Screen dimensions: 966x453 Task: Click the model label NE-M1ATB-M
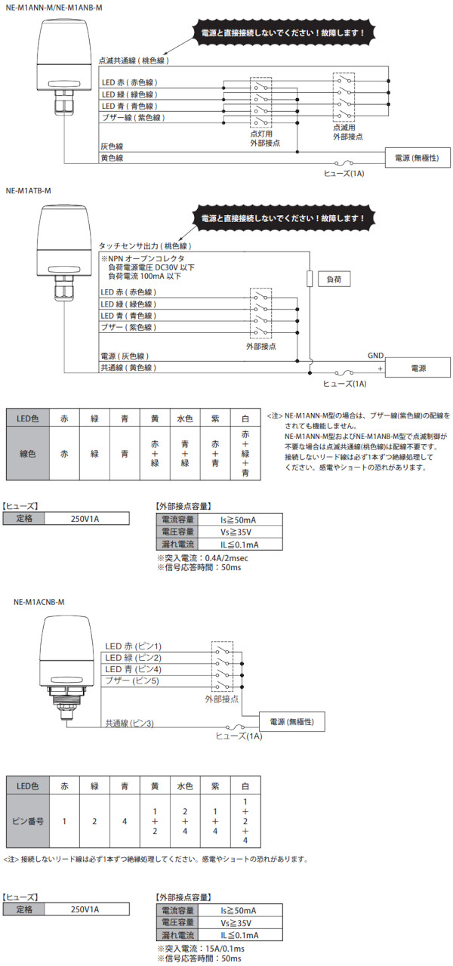pyautogui.click(x=28, y=192)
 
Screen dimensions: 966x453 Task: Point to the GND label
pyautogui.click(x=376, y=355)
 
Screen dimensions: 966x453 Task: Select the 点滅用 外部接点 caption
pyautogui.click(x=344, y=133)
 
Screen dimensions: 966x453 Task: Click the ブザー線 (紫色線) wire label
pyautogui.click(x=133, y=118)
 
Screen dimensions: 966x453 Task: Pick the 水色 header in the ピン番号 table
pyautogui.click(x=185, y=785)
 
